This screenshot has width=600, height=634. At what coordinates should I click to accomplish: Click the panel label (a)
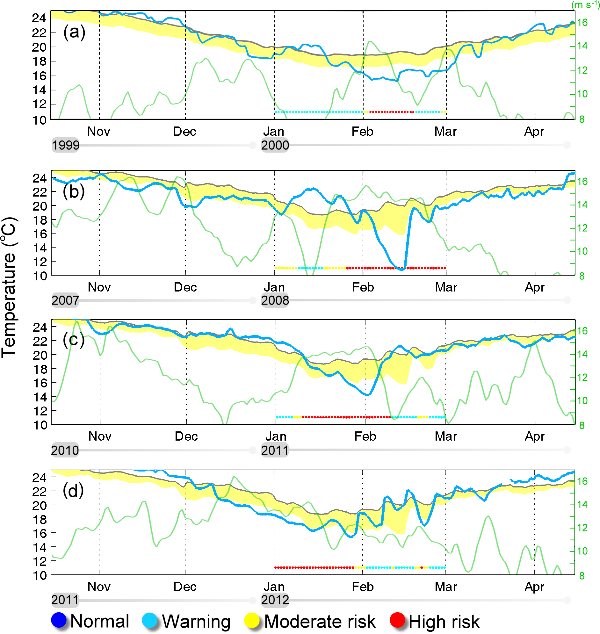click(x=74, y=32)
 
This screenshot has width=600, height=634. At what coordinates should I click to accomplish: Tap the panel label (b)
click(x=74, y=191)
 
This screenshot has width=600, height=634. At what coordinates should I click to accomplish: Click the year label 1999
click(x=66, y=145)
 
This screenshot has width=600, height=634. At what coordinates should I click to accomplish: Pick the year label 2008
click(x=275, y=300)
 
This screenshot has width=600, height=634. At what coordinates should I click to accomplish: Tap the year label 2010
click(x=65, y=450)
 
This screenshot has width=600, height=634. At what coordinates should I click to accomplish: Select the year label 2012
click(x=275, y=600)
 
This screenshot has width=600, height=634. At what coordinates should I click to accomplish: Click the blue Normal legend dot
click(x=59, y=620)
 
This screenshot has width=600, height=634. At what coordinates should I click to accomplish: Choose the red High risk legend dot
click(x=398, y=620)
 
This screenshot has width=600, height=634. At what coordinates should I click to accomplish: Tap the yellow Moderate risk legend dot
click(x=252, y=620)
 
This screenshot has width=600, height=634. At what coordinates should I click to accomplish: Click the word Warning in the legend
click(x=196, y=622)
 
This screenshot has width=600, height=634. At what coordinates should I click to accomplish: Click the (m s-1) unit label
click(x=585, y=5)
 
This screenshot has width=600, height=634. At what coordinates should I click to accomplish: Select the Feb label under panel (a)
click(x=362, y=131)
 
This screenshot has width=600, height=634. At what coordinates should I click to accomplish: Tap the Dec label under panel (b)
click(x=185, y=287)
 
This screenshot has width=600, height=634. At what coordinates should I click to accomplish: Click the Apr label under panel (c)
click(x=534, y=436)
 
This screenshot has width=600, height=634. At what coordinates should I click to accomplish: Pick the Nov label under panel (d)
click(x=99, y=586)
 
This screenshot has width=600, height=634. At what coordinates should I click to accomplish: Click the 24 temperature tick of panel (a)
click(x=39, y=18)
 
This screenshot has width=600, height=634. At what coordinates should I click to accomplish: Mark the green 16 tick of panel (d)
click(x=582, y=481)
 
